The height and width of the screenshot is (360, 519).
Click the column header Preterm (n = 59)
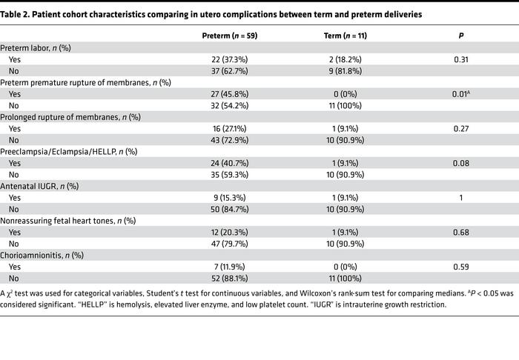[x=229, y=36]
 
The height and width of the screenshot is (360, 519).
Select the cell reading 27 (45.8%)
[x=229, y=93]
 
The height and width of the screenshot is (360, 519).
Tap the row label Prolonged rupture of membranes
[x=67, y=117]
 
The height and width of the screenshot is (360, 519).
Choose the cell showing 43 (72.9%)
[x=229, y=140]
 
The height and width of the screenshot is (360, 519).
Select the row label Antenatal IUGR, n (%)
[x=42, y=187]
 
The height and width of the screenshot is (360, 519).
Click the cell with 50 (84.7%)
[x=229, y=210]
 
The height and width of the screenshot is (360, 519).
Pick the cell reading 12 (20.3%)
[x=229, y=233]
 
